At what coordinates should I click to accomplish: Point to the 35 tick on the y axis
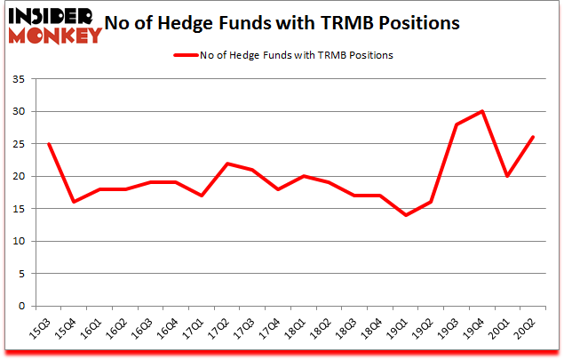(19, 79)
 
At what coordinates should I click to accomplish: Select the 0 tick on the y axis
(21, 306)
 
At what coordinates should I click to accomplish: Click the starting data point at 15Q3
(48, 144)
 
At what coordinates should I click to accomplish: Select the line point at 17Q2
(228, 164)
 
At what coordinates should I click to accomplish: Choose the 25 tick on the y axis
(19, 144)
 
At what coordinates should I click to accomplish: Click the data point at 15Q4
(74, 202)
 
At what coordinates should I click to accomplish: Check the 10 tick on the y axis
(19, 241)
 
